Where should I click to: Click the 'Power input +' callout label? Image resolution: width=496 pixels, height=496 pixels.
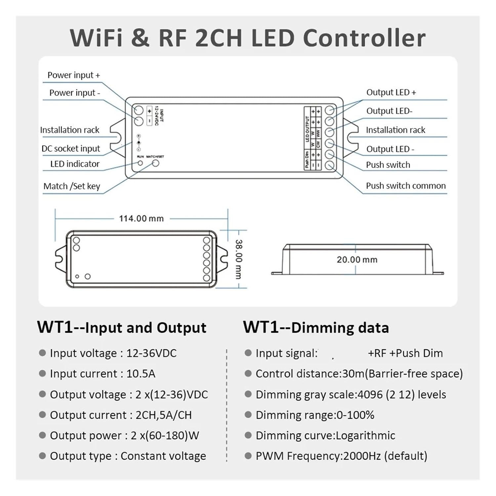pyautogui.click(x=73, y=75)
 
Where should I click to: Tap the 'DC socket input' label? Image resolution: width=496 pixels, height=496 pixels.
pyautogui.click(x=71, y=149)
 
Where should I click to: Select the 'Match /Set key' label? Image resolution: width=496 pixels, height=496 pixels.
pyautogui.click(x=72, y=186)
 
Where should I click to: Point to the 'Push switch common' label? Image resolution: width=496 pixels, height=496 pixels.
pyautogui.click(x=406, y=186)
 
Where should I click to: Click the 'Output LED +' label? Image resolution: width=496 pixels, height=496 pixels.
pyautogui.click(x=391, y=92)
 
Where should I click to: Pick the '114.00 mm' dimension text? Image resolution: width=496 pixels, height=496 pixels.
pyautogui.click(x=141, y=219)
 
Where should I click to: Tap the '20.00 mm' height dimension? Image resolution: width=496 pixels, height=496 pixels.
pyautogui.click(x=357, y=260)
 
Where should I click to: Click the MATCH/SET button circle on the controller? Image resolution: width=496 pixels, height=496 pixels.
pyautogui.click(x=155, y=163)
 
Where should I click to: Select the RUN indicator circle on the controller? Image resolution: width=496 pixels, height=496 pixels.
pyautogui.click(x=140, y=163)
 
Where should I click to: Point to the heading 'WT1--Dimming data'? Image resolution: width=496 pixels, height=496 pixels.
pyautogui.click(x=316, y=327)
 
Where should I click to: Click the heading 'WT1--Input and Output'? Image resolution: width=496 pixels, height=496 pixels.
pyautogui.click(x=122, y=327)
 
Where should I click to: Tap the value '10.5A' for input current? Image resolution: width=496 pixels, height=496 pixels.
pyautogui.click(x=141, y=374)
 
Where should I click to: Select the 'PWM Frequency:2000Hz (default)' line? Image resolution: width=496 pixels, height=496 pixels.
pyautogui.click(x=341, y=456)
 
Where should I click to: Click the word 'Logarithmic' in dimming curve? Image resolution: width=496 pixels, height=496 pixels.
pyautogui.click(x=365, y=435)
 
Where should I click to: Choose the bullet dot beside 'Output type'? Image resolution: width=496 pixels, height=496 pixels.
pyautogui.click(x=42, y=456)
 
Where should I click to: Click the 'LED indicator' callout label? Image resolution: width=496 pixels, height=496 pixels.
pyautogui.click(x=75, y=164)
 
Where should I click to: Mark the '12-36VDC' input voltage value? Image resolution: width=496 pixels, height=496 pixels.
pyautogui.click(x=151, y=353)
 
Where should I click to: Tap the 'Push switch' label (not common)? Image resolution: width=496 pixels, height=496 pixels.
pyautogui.click(x=388, y=165)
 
